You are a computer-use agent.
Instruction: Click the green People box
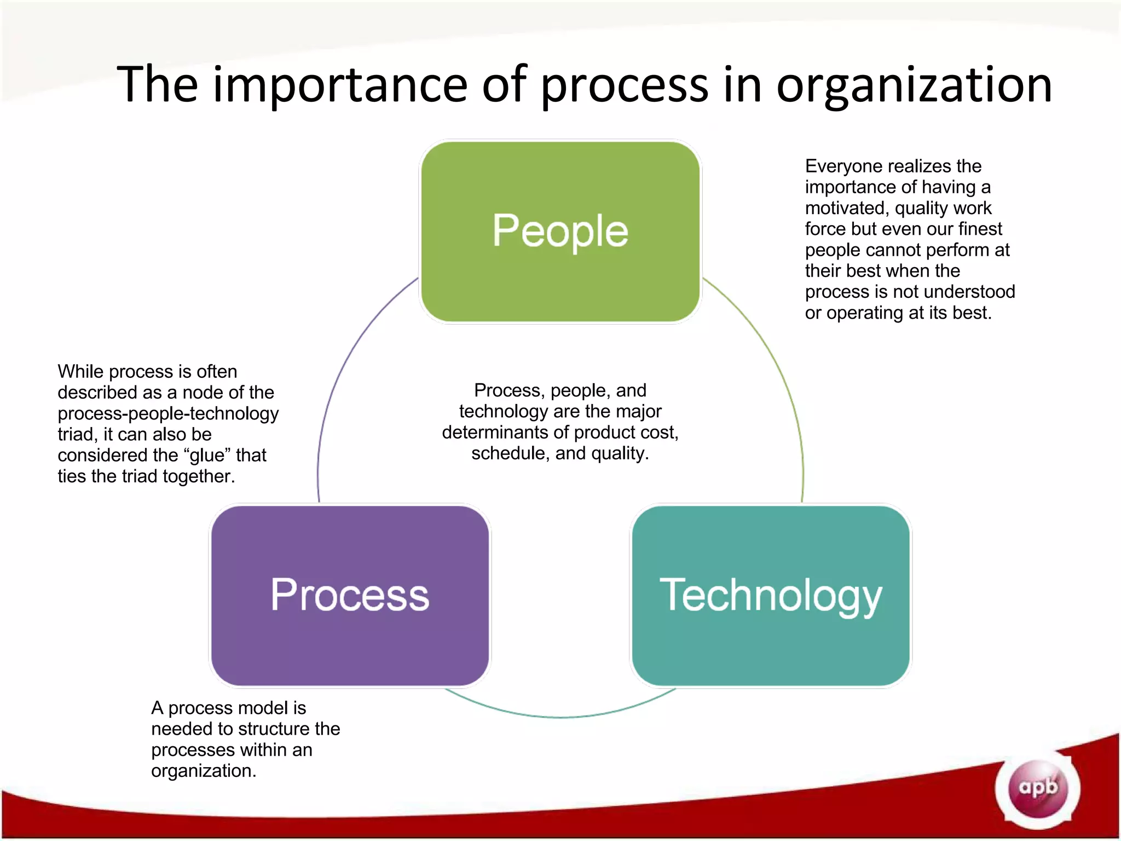[x=560, y=231]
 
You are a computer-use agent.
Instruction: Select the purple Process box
[x=350, y=595]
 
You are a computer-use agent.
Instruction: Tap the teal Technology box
[x=771, y=595]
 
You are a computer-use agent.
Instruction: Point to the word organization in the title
[x=914, y=85]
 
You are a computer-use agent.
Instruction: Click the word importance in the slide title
[x=339, y=85]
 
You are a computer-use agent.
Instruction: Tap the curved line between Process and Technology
[x=560, y=716]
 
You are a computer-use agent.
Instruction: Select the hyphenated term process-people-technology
[x=168, y=413]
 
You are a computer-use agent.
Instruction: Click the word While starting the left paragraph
[x=80, y=371]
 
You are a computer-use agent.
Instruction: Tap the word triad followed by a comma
[x=77, y=434]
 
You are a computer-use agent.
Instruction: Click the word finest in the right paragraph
[x=980, y=229]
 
